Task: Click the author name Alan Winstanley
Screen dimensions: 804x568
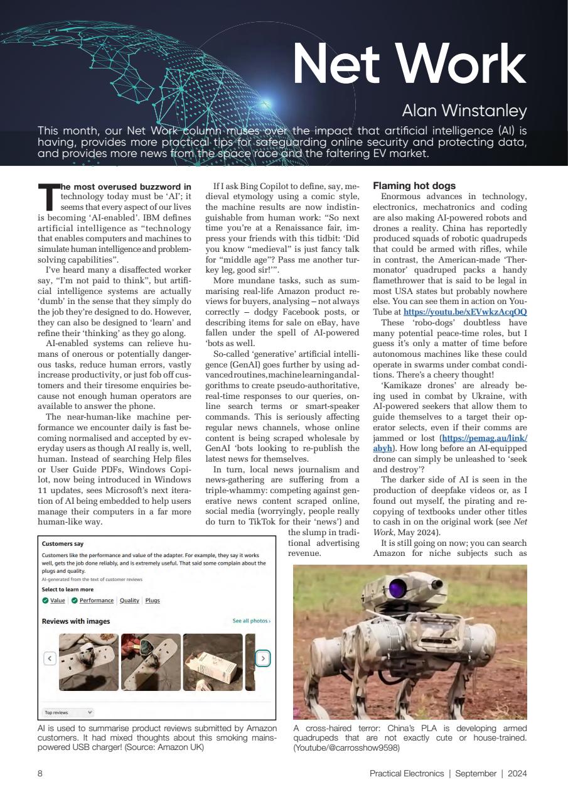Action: coord(464,111)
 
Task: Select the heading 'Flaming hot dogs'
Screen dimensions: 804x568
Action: coord(414,186)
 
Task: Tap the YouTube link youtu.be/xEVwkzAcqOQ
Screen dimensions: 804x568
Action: coord(464,312)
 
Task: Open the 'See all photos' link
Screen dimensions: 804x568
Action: coord(251,621)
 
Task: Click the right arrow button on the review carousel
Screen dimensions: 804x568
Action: coord(264,658)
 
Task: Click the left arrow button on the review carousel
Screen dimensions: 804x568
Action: coord(50,658)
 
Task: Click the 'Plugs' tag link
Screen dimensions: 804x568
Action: coord(153,600)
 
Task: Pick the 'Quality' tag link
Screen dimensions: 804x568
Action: coord(129,600)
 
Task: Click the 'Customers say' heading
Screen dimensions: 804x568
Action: coord(63,544)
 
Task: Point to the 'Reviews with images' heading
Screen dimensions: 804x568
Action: coord(76,621)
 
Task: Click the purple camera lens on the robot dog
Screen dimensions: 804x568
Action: coord(396,589)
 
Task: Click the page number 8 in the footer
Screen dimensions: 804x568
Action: coord(40,774)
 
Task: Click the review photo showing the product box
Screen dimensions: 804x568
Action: coord(213,662)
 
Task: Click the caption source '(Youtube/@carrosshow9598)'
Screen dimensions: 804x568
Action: coord(346,747)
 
